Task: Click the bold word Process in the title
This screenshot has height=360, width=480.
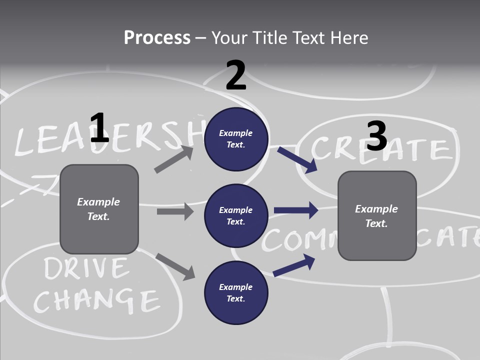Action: click(157, 37)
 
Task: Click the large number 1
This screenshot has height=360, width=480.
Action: click(99, 128)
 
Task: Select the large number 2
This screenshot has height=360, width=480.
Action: click(236, 75)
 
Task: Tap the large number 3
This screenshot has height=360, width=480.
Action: click(376, 136)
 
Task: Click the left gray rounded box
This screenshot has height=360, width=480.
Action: click(99, 209)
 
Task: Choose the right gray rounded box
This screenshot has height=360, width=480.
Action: click(377, 215)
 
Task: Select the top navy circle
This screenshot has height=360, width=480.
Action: click(236, 139)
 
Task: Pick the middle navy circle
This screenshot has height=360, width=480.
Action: click(236, 215)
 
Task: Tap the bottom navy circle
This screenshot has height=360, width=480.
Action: click(236, 292)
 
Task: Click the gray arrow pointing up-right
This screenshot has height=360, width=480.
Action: click(173, 159)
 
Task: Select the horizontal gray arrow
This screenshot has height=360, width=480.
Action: click(175, 211)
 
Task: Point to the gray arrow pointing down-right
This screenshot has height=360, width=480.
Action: click(175, 266)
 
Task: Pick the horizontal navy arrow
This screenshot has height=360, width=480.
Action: click(296, 210)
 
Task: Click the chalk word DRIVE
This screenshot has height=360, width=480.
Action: click(85, 269)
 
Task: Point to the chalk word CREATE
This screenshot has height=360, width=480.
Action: click(382, 148)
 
